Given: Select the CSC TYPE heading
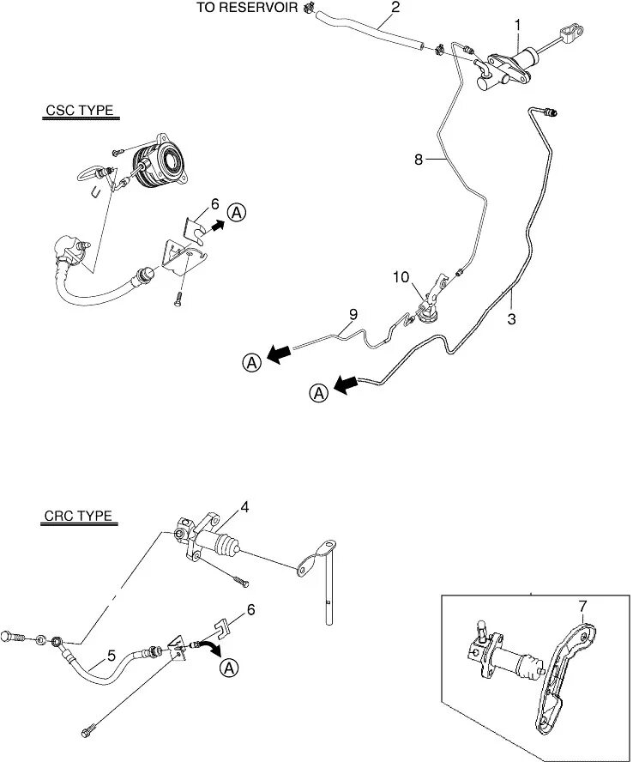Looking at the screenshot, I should point(79,111).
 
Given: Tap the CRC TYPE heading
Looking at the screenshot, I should point(78,517).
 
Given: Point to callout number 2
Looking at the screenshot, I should point(395,7).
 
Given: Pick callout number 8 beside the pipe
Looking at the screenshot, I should point(418,160).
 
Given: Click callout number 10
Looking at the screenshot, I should point(402,277).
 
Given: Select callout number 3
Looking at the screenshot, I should point(512,319).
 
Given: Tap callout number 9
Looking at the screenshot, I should point(352,315).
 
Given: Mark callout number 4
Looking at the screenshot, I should point(244,507).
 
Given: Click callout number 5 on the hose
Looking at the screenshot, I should point(112,655).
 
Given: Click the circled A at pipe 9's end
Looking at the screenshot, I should point(251,363).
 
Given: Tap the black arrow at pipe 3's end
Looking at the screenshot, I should point(345,385).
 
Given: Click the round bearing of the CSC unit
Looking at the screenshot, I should point(169,160).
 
